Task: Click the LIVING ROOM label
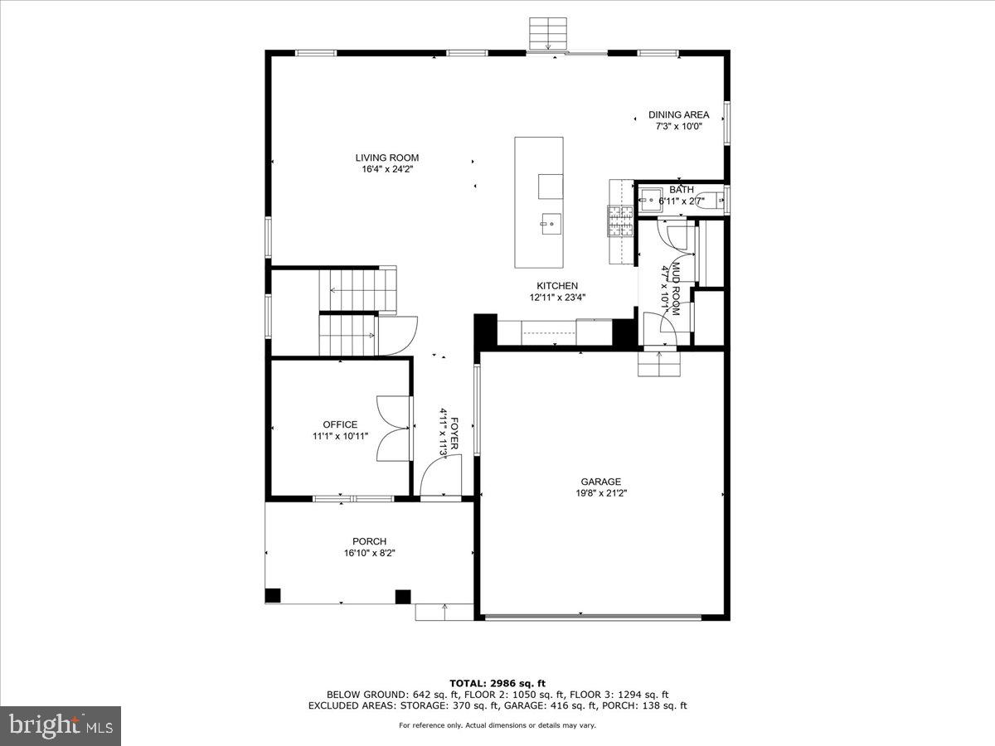point(387,157)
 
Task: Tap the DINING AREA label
point(678,115)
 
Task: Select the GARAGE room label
point(600,482)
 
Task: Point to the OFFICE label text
point(340,424)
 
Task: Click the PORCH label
point(369,541)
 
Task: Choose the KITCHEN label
point(556,286)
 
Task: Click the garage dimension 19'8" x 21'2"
point(600,493)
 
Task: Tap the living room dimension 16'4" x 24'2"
point(387,169)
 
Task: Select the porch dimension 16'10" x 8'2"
point(370,553)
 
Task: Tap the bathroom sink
point(650,200)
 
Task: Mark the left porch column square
point(273,595)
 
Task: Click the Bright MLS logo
point(61,725)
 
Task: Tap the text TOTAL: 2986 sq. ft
point(498,682)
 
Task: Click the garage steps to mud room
point(658,363)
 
